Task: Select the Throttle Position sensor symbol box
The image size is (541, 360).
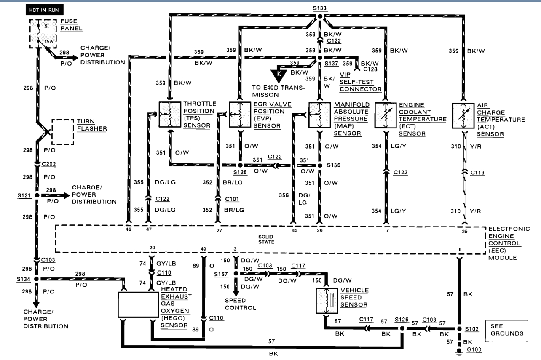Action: pos(170,114)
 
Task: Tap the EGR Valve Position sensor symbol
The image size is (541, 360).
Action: pos(240,114)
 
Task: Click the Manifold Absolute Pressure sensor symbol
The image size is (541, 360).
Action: pos(319,115)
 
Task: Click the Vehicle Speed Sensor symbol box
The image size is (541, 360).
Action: pos(326,301)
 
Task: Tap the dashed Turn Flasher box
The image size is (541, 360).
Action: pos(63,131)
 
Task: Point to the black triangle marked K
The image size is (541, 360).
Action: pos(279,75)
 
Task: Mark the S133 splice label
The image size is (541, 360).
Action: pos(319,8)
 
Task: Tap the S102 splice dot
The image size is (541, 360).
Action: pos(459,328)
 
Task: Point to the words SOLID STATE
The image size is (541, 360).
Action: pos(266,239)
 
